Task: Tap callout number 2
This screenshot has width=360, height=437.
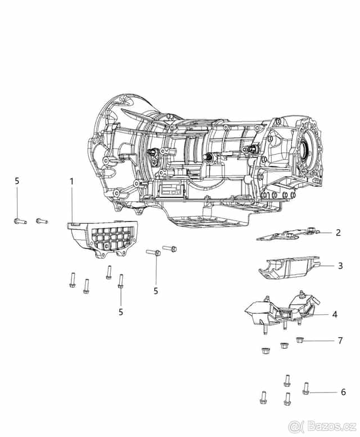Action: pos(338,232)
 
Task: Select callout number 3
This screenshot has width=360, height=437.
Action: pos(340,265)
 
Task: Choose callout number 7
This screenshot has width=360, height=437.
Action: pos(340,341)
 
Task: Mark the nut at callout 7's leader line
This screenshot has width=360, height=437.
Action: pos(299,340)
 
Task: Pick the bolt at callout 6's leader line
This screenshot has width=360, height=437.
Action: pos(306,389)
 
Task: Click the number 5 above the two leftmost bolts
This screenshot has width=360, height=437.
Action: pos(17,181)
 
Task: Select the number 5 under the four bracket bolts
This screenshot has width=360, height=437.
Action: pos(120,311)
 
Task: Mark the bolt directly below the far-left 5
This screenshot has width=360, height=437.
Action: pos(19,221)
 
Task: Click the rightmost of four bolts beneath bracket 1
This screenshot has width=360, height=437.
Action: pos(120,281)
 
